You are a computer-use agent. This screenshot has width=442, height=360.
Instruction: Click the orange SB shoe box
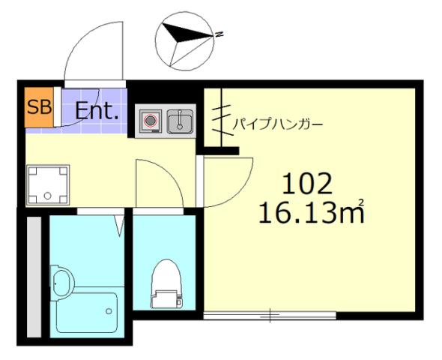click(x=39, y=106)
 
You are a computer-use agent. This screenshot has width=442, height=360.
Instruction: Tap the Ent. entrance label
click(x=97, y=112)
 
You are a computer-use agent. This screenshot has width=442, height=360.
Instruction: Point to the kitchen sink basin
click(x=180, y=121)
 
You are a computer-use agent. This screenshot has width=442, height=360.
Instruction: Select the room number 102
click(x=306, y=182)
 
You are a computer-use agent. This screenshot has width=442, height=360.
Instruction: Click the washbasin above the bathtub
click(x=62, y=283)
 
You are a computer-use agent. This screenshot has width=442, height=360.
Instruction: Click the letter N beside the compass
click(x=219, y=34)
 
